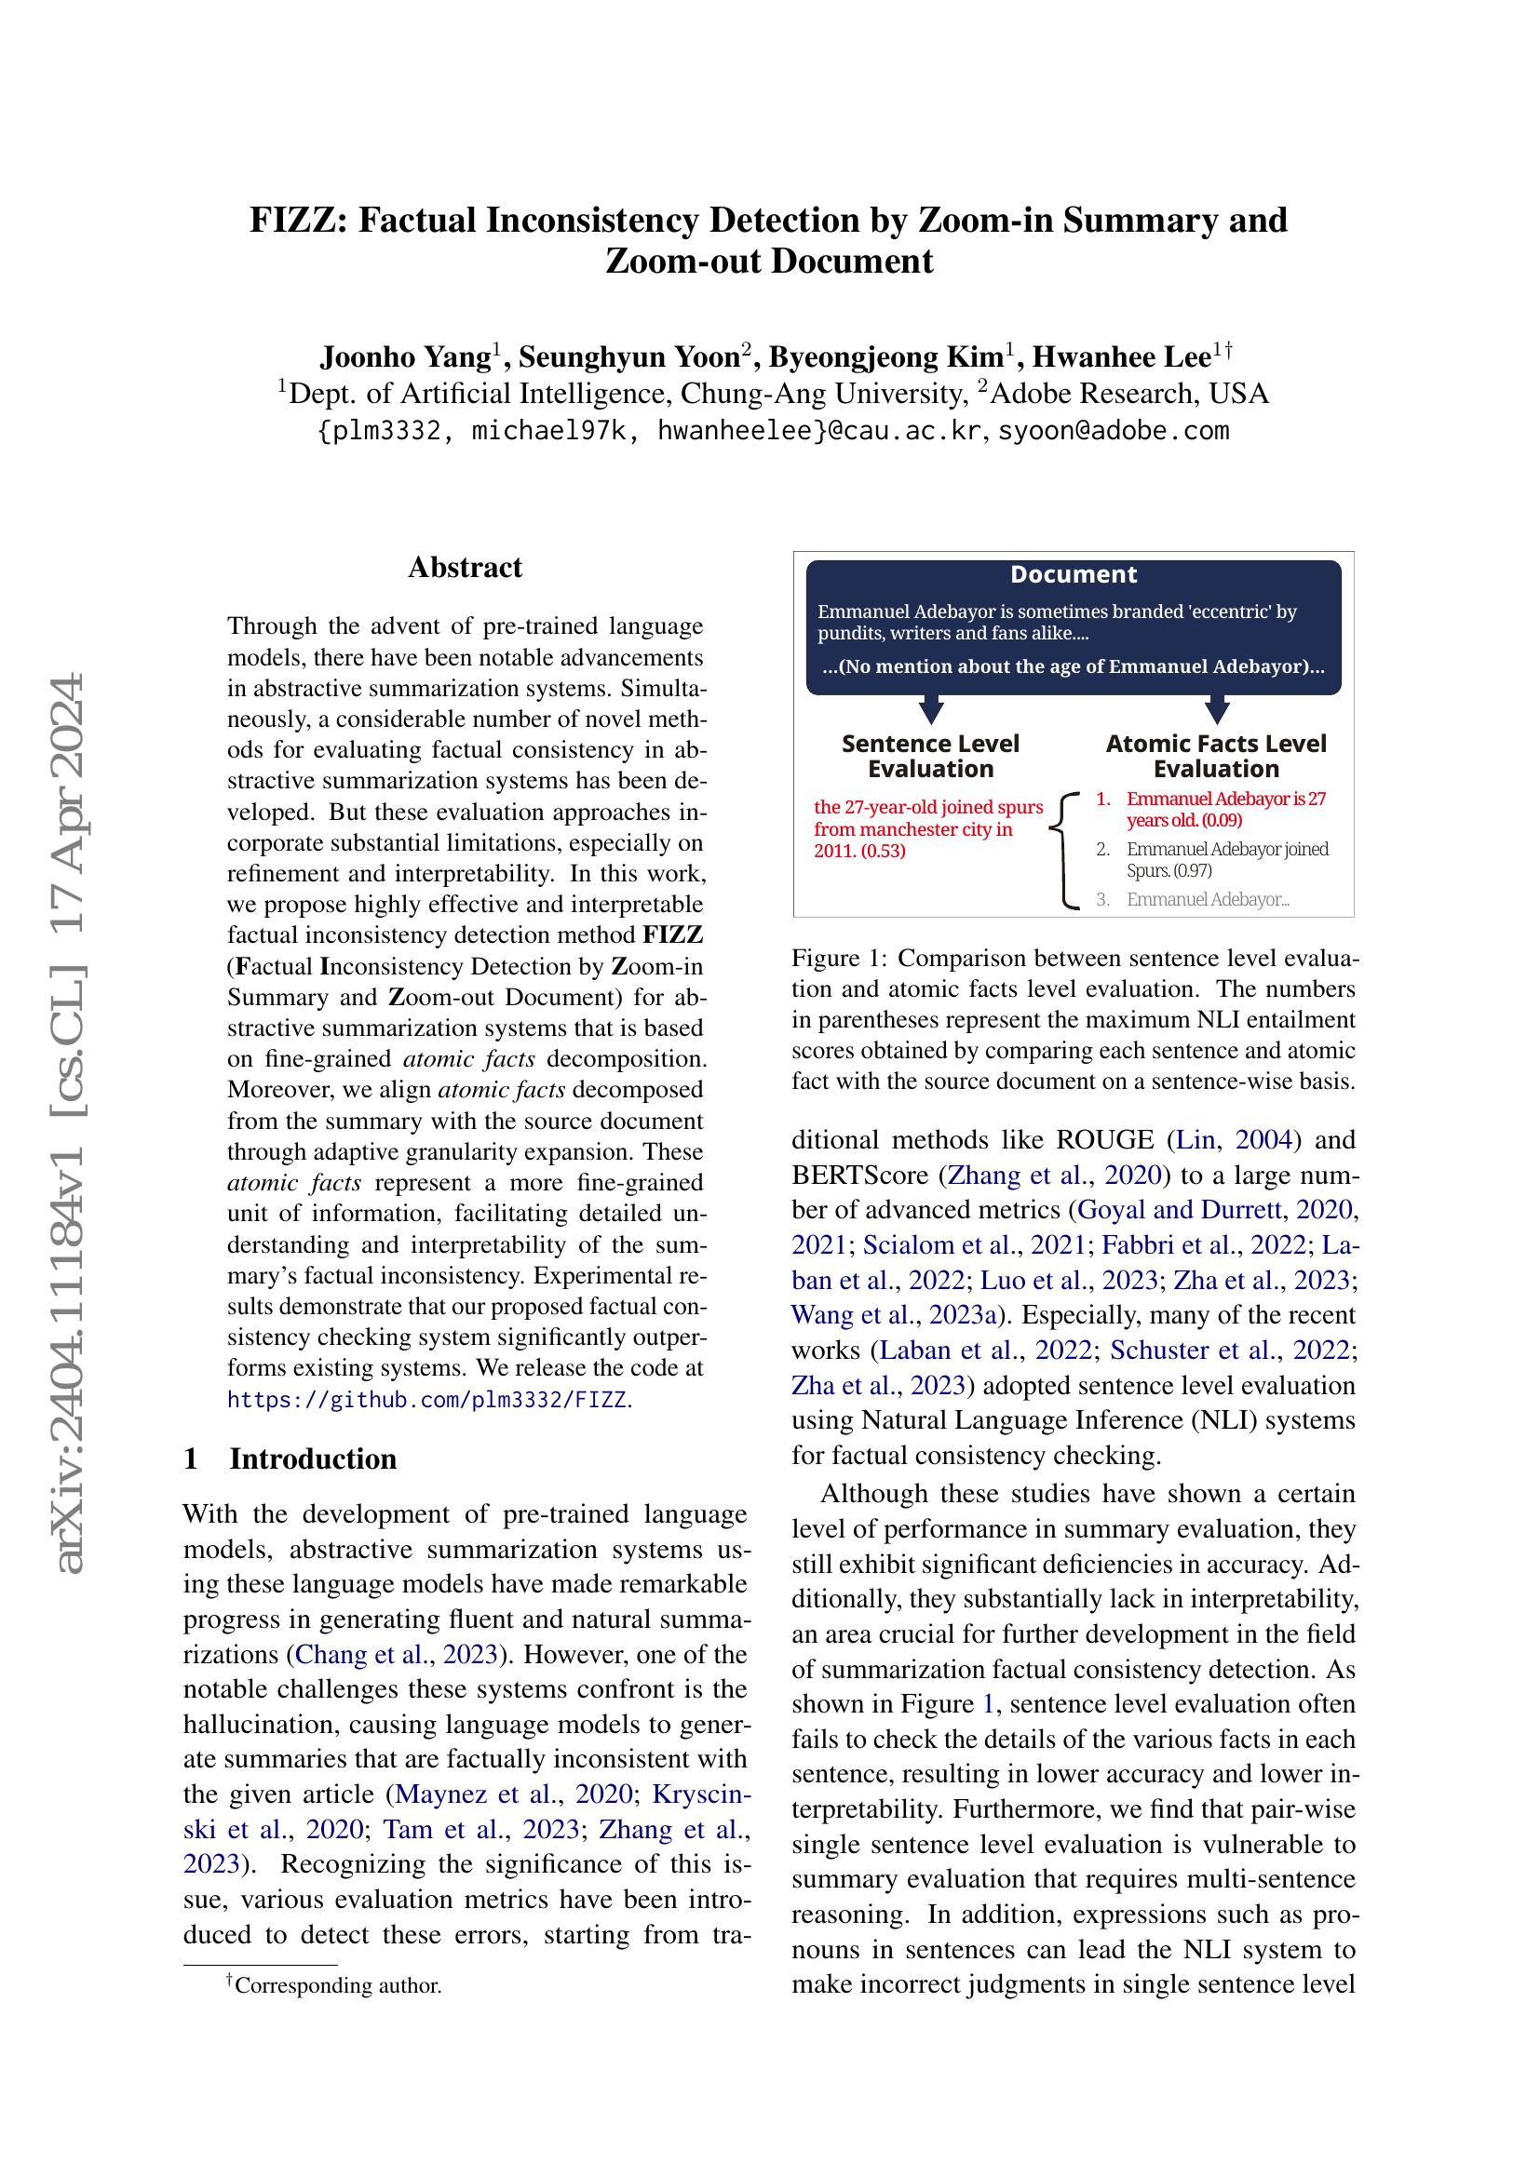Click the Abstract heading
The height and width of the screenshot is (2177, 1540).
point(465,567)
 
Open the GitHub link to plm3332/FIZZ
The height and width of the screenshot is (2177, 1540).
point(426,1400)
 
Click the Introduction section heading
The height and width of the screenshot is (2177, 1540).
point(312,1458)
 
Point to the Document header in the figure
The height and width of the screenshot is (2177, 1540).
point(1073,574)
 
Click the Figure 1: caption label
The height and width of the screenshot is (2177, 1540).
point(838,958)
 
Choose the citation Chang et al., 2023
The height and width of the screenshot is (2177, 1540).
point(398,1654)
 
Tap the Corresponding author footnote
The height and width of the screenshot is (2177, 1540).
point(337,1984)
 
